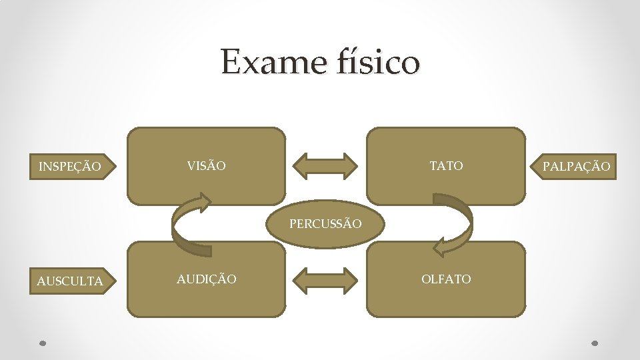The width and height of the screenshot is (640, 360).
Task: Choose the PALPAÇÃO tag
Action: tap(575, 166)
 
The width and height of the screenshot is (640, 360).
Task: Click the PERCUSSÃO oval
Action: tap(325, 224)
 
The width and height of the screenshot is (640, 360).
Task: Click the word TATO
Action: tap(446, 165)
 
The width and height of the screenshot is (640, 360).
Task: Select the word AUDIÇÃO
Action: tap(206, 279)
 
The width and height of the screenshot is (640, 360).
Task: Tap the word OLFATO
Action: tap(446, 279)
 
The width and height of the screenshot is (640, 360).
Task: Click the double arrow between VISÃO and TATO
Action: tap(325, 166)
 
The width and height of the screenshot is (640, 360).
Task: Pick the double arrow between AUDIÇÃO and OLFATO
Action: tap(325, 280)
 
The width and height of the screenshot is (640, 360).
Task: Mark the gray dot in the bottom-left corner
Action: tap(41, 344)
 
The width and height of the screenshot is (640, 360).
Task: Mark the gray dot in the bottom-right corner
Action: tap(595, 344)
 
